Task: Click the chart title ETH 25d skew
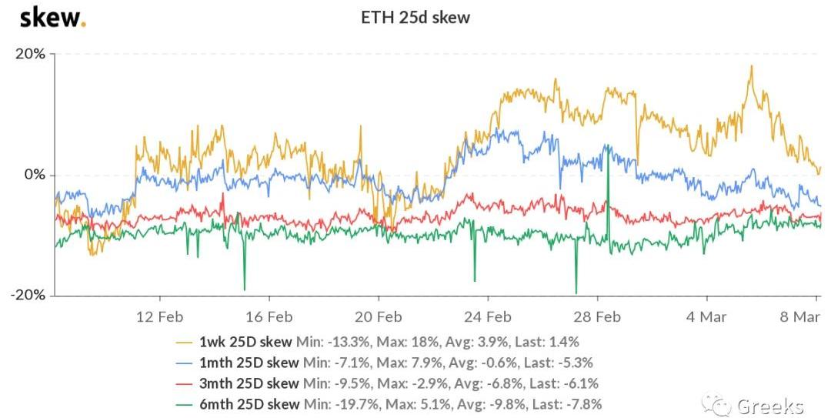415,17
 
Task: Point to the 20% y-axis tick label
31,54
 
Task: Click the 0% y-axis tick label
35,175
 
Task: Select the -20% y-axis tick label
29,296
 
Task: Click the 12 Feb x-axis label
159,316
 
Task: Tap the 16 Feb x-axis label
269,316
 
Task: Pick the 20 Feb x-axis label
379,316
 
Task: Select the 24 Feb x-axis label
488,316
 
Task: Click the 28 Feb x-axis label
598,316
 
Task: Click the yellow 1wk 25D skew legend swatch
185,341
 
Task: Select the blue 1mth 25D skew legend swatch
185,362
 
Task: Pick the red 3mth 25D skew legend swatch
185,383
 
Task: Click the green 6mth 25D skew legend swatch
185,403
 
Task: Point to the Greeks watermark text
769,406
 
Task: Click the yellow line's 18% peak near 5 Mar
750,66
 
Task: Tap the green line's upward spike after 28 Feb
608,145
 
